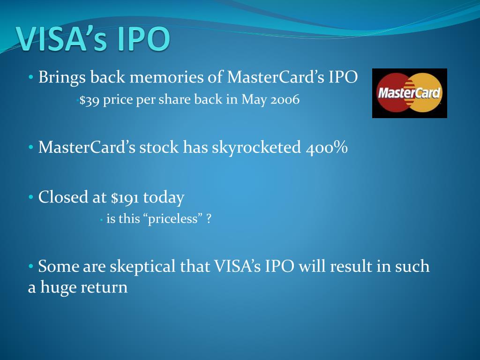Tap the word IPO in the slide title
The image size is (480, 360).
tap(143, 39)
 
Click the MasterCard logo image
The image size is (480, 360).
tap(409, 93)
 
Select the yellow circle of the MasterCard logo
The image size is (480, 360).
tap(427, 92)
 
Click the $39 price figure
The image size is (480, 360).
tap(89, 100)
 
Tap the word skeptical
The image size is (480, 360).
tap(142, 266)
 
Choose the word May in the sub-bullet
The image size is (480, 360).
tap(254, 100)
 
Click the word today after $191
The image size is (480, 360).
tap(164, 197)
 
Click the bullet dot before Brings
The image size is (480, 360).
tap(30, 78)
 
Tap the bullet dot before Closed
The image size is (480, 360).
tap(30, 198)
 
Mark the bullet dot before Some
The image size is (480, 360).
tap(30, 267)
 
